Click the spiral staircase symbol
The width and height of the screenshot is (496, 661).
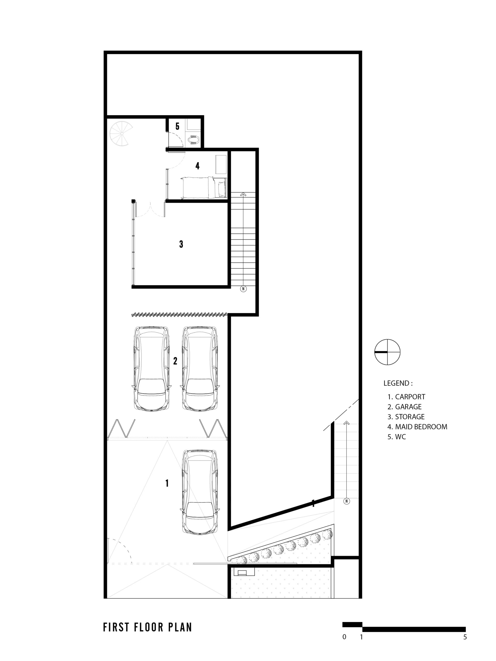click(121, 133)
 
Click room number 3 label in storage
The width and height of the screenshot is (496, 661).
click(181, 244)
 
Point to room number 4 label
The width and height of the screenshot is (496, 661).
click(197, 166)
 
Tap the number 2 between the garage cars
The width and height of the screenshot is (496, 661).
click(175, 361)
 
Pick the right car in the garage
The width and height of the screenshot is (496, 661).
click(200, 368)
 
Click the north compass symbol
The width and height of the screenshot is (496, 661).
click(387, 352)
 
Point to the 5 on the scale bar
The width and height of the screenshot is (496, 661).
click(465, 637)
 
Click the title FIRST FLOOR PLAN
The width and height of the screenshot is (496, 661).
click(148, 627)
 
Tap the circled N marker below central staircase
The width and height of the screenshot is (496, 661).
click(243, 289)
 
